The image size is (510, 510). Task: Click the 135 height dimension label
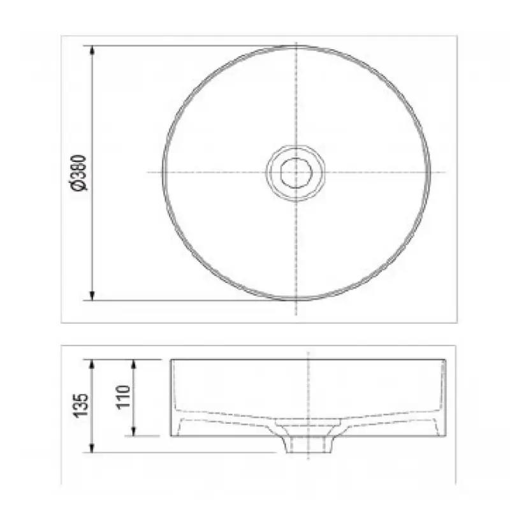tap(81, 405)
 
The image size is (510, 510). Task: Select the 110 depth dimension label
tap(124, 397)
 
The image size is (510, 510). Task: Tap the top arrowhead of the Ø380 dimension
tap(92, 50)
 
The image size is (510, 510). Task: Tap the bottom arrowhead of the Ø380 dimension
tap(92, 296)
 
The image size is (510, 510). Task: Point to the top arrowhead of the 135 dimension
tap(92, 364)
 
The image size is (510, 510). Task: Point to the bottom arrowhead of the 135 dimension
tap(92, 448)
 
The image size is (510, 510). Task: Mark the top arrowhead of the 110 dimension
tap(134, 364)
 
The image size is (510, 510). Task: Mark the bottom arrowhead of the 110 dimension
tap(134, 431)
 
